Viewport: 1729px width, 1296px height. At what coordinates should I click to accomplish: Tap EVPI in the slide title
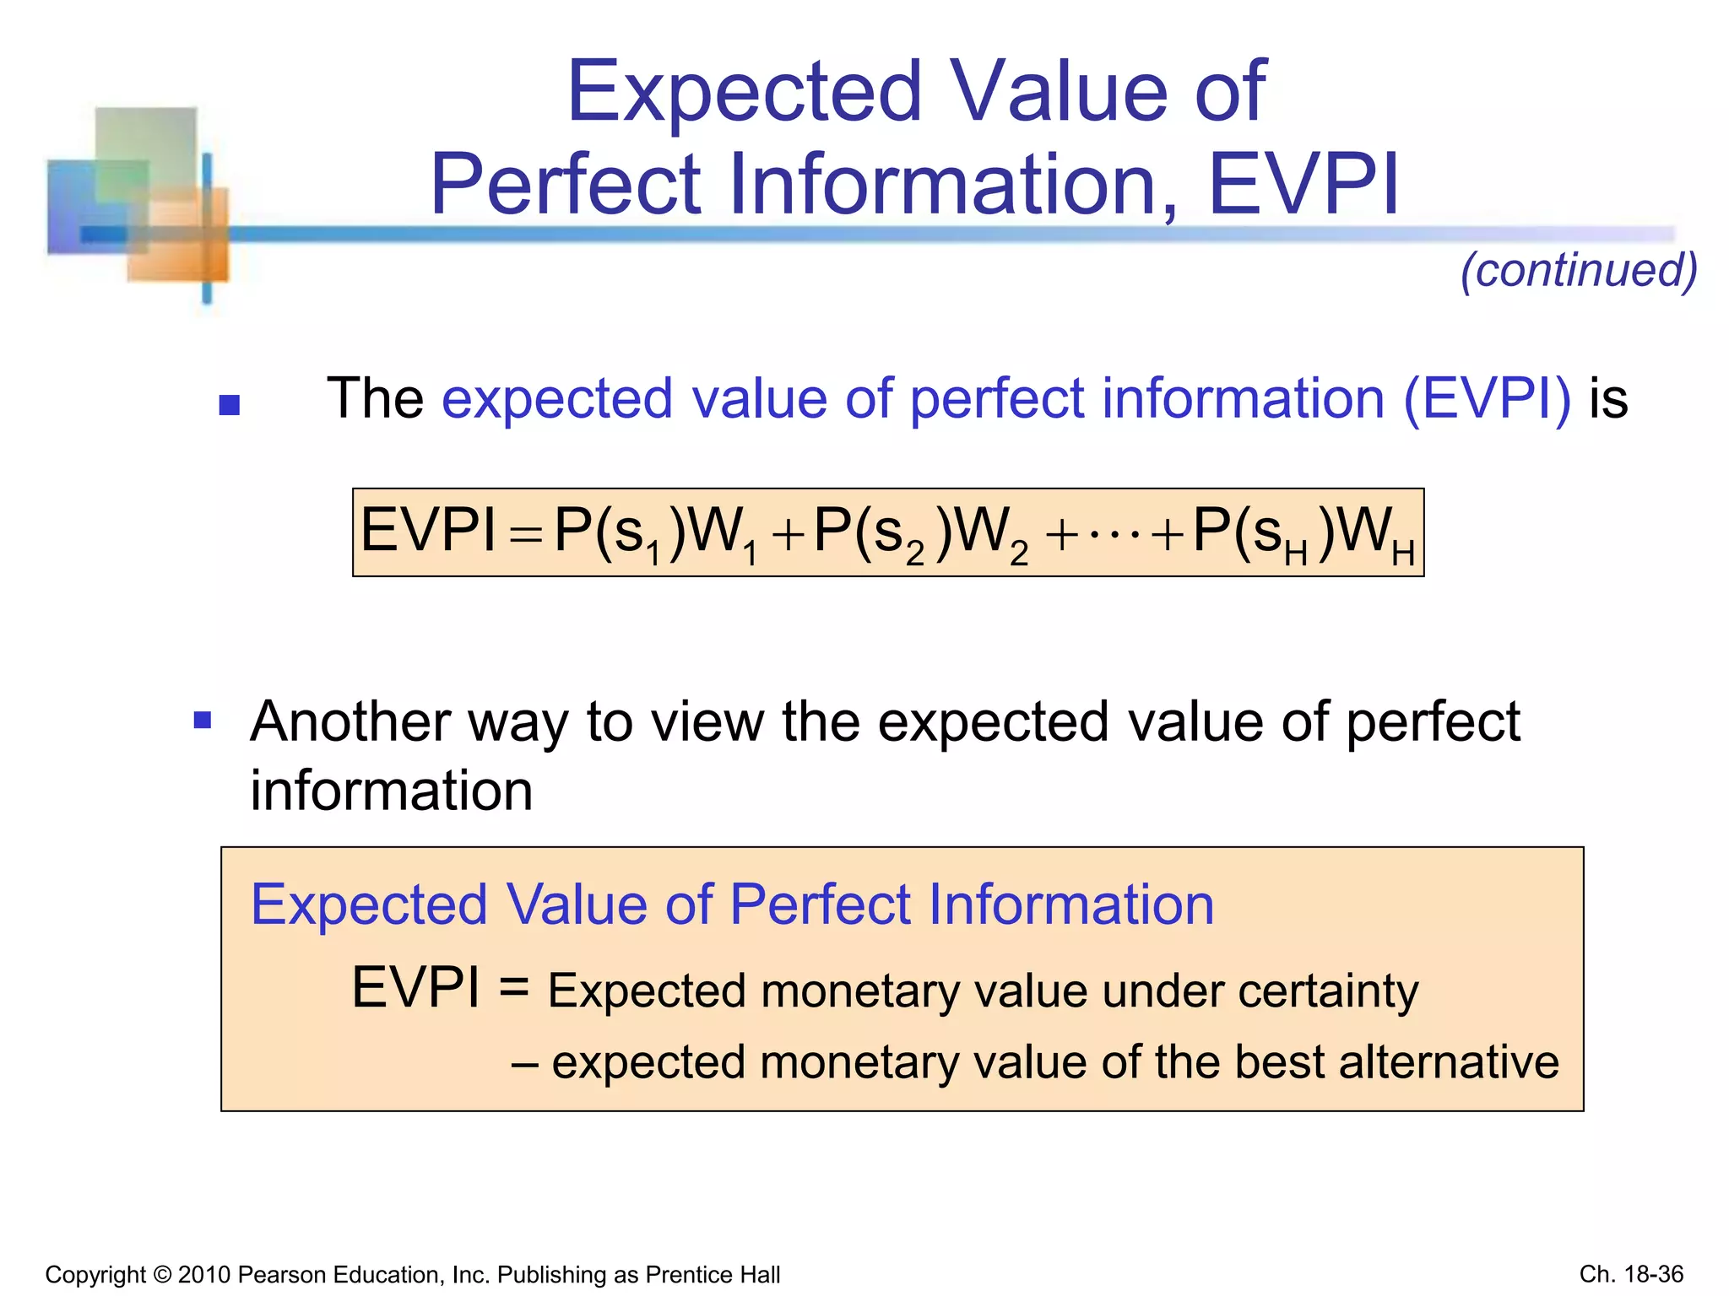pos(1304,184)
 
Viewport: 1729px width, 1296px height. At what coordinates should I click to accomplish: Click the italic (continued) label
pos(1579,270)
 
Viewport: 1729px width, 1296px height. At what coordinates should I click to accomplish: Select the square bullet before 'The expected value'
pos(230,406)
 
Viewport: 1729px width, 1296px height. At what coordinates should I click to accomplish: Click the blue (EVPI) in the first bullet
pos(1487,398)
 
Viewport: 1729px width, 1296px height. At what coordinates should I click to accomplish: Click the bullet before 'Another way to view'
pos(203,721)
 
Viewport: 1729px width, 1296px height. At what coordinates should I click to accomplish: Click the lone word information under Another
pos(392,791)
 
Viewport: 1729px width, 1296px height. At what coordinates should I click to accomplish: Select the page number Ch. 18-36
pos(1631,1274)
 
